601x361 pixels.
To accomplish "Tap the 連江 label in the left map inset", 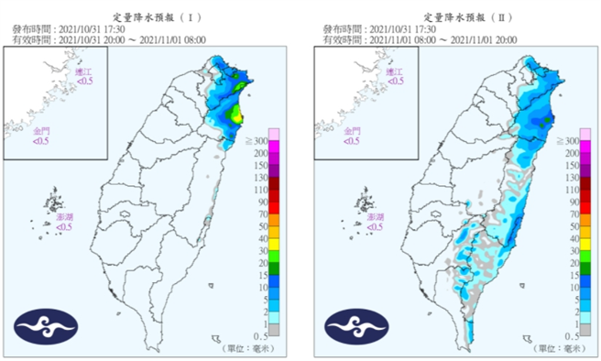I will (84, 72).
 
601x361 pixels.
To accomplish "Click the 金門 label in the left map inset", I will (42, 133).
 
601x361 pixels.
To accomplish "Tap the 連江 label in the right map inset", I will (395, 72).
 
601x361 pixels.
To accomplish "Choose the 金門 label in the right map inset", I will (352, 133).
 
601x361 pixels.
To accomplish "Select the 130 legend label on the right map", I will (569, 177).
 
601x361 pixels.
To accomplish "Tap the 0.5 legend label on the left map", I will (259, 336).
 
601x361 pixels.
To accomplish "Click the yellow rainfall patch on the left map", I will (236, 115).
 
